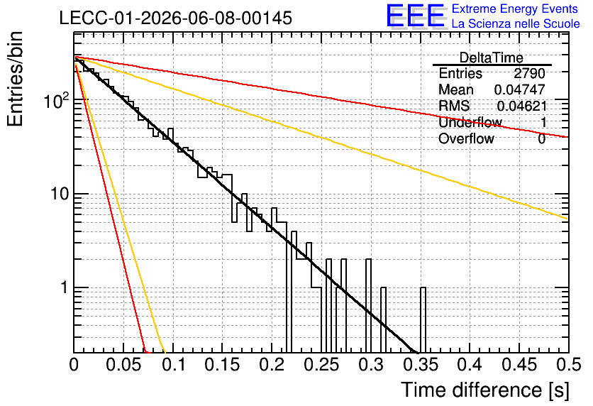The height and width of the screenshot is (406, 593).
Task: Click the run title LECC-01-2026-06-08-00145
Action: pyautogui.click(x=176, y=18)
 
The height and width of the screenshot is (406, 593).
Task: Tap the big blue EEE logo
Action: pyautogui.click(x=416, y=16)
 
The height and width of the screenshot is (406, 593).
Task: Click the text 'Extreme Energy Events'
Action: pyautogui.click(x=515, y=9)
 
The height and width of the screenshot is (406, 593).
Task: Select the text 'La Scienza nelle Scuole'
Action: pyautogui.click(x=516, y=23)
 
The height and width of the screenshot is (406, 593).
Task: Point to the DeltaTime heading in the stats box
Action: pyautogui.click(x=492, y=57)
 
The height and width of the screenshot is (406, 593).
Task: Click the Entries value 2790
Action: pyautogui.click(x=529, y=73)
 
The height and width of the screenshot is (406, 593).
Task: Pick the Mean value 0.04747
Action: pyautogui.click(x=520, y=89)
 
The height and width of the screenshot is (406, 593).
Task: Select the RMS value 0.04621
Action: pyautogui.click(x=522, y=106)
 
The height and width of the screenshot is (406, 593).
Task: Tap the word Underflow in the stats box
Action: pyautogui.click(x=470, y=122)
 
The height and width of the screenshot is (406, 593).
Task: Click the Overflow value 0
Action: pyautogui.click(x=541, y=139)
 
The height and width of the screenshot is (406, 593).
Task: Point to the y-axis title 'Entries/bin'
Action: pyautogui.click(x=15, y=79)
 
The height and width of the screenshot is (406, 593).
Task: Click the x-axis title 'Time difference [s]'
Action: pyautogui.click(x=485, y=390)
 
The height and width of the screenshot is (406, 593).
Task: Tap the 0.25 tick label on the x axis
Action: pyautogui.click(x=321, y=365)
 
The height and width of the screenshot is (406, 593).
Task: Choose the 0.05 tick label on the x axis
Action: pyautogui.click(x=123, y=365)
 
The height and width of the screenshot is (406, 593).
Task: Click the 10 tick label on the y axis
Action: pyautogui.click(x=60, y=194)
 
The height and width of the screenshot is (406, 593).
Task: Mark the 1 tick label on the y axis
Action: pyautogui.click(x=64, y=287)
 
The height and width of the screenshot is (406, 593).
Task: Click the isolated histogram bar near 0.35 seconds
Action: pyautogui.click(x=423, y=320)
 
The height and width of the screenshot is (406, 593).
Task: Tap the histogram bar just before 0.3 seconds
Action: pyautogui.click(x=368, y=306)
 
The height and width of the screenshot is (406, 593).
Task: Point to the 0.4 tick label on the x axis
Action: pyautogui.click(x=470, y=365)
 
